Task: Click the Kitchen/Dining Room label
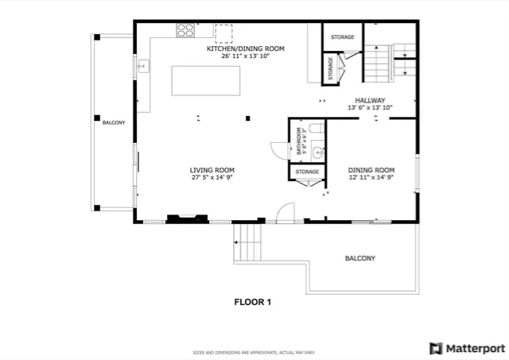tap(245, 48)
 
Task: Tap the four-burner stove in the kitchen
tap(185, 30)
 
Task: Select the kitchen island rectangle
tap(206, 80)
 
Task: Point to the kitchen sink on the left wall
tap(144, 66)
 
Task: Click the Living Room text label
tap(212, 169)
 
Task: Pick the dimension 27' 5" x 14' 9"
tap(212, 178)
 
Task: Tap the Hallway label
tap(370, 100)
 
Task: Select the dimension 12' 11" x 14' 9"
tap(371, 178)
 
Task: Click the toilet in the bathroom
tap(315, 130)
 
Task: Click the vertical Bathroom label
tap(299, 141)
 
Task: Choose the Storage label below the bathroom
tap(307, 172)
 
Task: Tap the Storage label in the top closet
tap(342, 37)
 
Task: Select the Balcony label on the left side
tap(113, 122)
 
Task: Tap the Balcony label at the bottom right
tap(359, 258)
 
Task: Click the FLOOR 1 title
tap(252, 301)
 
